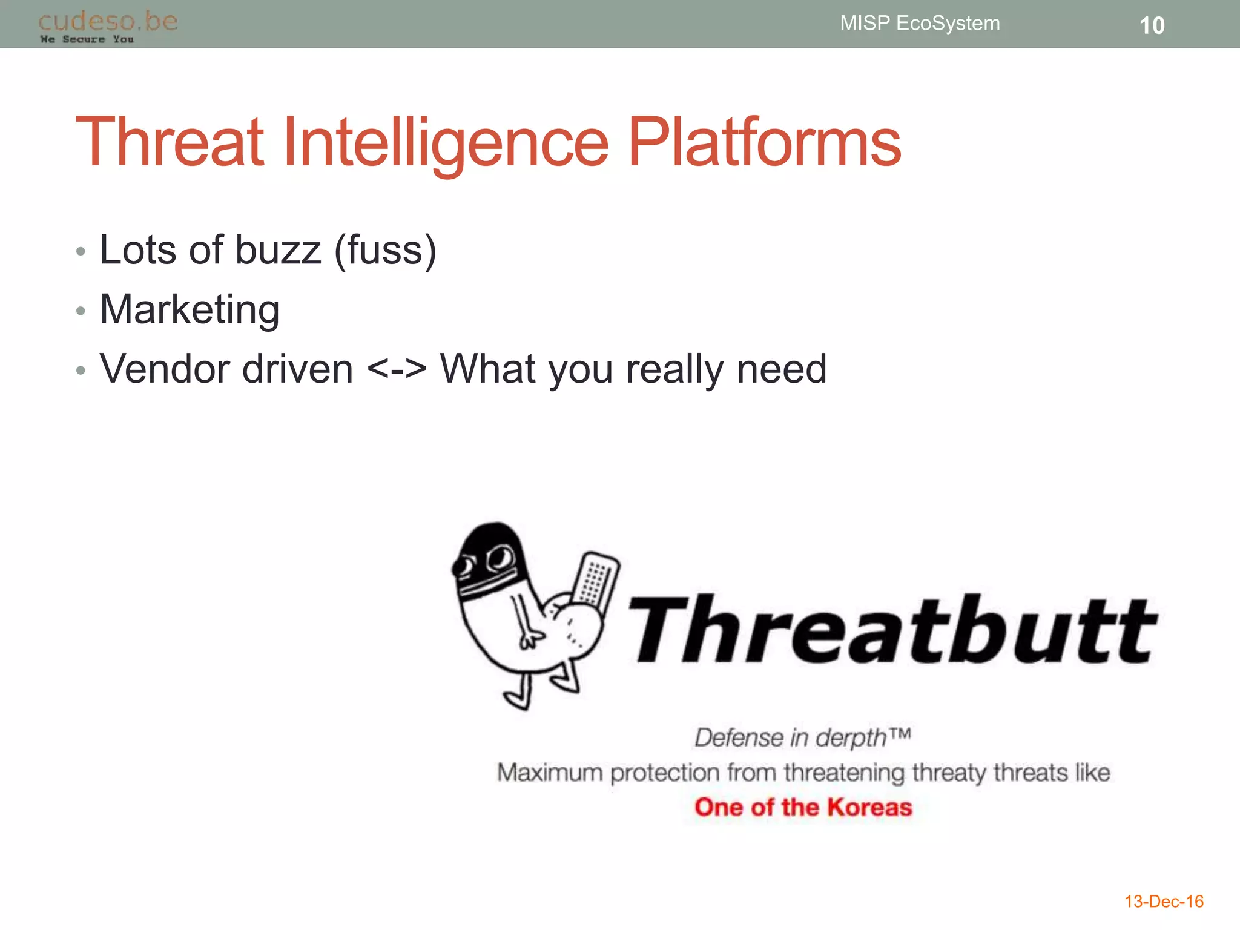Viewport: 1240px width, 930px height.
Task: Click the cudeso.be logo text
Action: click(x=108, y=21)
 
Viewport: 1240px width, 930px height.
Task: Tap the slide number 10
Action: click(x=1152, y=25)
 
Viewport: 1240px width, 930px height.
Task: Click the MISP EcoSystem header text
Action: click(x=920, y=23)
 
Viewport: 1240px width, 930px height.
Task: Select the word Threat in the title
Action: click(x=170, y=142)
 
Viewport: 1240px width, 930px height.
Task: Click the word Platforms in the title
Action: click(x=764, y=142)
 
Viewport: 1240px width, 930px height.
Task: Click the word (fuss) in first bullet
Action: click(x=385, y=249)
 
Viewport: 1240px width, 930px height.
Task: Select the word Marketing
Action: click(x=190, y=309)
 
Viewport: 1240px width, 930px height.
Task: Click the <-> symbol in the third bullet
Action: click(x=397, y=369)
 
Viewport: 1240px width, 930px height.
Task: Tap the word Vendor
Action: click(x=165, y=369)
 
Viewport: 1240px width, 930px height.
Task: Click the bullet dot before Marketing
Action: click(x=81, y=311)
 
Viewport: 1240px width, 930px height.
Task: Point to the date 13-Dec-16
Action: click(x=1164, y=902)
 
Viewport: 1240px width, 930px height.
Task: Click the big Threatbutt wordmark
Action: click(x=893, y=630)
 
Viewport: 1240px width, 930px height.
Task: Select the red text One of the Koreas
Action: click(x=803, y=807)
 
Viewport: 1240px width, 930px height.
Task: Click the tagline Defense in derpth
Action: click(x=802, y=737)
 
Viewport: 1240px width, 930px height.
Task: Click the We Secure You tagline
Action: click(x=87, y=39)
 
